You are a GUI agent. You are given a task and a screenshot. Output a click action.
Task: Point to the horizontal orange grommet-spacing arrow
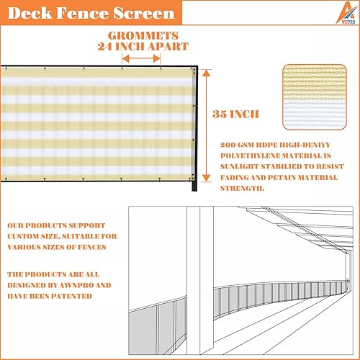(141, 60)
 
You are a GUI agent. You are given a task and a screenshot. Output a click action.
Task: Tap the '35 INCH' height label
(237, 114)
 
